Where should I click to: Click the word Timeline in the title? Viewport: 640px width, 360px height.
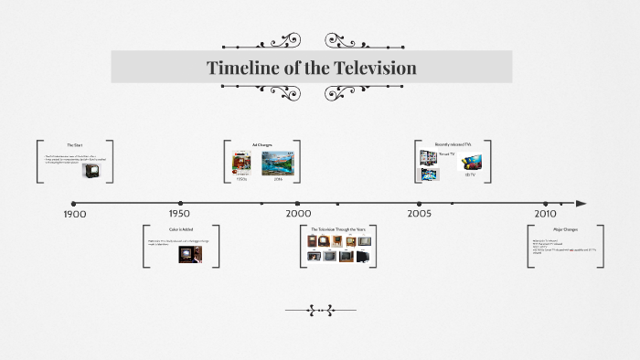pyautogui.click(x=239, y=68)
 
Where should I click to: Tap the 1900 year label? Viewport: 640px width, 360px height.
pyautogui.click(x=75, y=214)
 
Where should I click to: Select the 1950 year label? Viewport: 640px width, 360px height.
pyautogui.click(x=180, y=214)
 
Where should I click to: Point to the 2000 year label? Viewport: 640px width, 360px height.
pyautogui.click(x=298, y=214)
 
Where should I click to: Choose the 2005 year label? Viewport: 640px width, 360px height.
pyautogui.click(x=420, y=214)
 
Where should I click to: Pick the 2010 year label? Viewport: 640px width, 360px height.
pyautogui.click(x=545, y=214)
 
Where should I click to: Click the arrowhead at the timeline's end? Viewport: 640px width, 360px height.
pyautogui.click(x=581, y=204)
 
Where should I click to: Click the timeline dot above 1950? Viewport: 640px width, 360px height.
pyautogui.click(x=181, y=204)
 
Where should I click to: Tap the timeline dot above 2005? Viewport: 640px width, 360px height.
pyautogui.click(x=420, y=204)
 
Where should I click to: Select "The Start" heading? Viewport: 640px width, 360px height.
pyautogui.click(x=75, y=145)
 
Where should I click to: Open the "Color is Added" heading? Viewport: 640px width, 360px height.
pyautogui.click(x=181, y=229)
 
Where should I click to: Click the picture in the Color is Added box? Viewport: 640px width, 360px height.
pyautogui.click(x=190, y=254)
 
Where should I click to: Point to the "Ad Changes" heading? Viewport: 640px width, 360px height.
pyautogui.click(x=262, y=144)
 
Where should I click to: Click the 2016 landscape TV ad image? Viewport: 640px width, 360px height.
pyautogui.click(x=278, y=163)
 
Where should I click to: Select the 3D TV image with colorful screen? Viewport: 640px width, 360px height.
pyautogui.click(x=470, y=163)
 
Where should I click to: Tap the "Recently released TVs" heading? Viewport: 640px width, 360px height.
pyautogui.click(x=453, y=144)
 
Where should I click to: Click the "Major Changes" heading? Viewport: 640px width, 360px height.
pyautogui.click(x=565, y=229)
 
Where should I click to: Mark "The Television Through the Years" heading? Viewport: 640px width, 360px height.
pyautogui.click(x=338, y=229)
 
